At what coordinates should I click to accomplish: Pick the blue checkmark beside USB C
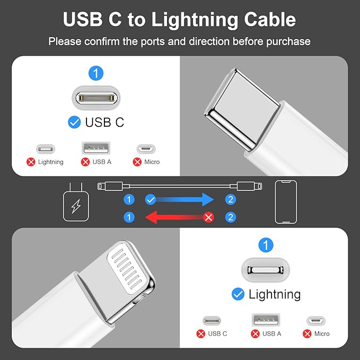(74, 122)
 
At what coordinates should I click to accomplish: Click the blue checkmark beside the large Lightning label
(238, 294)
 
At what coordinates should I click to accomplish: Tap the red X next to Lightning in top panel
(31, 162)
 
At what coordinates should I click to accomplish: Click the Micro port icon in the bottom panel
(315, 321)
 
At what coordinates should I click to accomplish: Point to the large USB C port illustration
(96, 98)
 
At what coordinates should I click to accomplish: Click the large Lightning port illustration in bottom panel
(266, 270)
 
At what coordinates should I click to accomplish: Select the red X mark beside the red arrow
(209, 217)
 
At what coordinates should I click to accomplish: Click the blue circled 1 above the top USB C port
(96, 73)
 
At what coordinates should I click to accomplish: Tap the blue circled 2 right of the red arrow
(230, 217)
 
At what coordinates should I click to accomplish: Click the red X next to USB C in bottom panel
(201, 333)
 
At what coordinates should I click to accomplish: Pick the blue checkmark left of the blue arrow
(151, 199)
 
